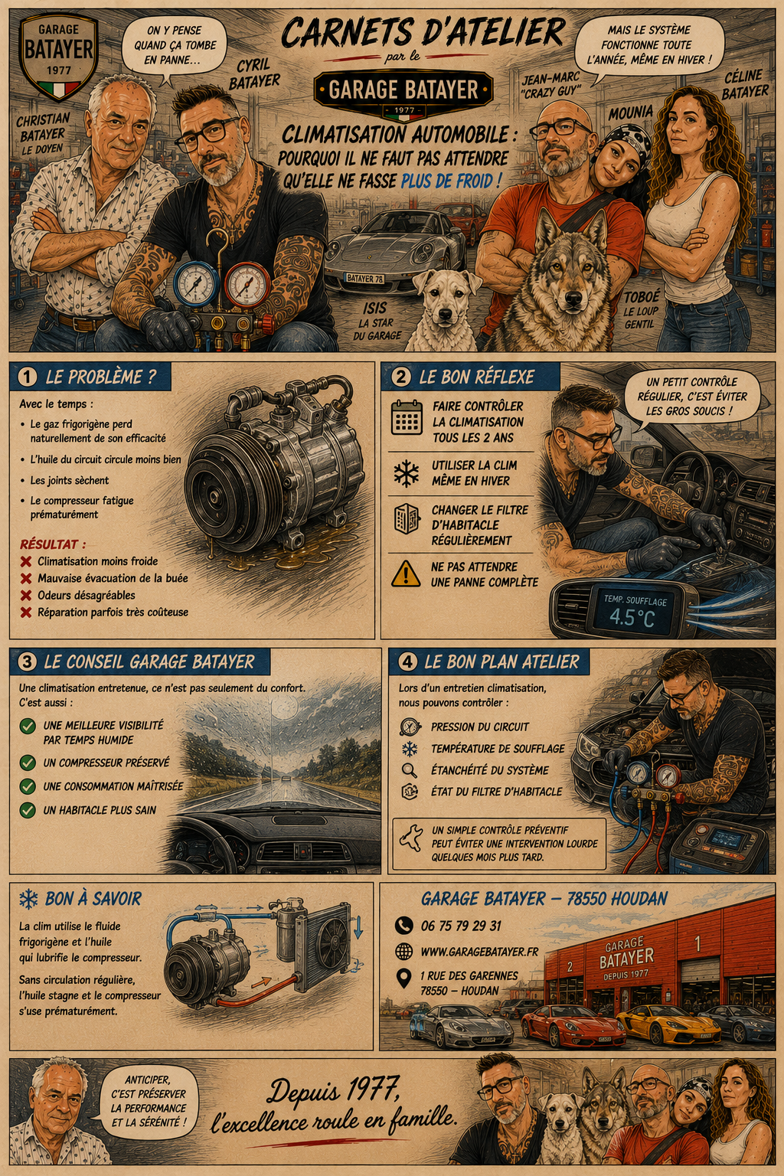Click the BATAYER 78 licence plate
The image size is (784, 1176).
pos(364,278)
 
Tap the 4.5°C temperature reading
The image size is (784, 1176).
pos(632,618)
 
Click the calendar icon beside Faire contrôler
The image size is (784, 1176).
pos(407,417)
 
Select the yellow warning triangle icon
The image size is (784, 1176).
pos(405,573)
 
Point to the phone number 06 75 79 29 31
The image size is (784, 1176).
pos(461,926)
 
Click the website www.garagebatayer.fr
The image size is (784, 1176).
pos(479,952)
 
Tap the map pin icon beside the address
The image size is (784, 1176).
pos(403,978)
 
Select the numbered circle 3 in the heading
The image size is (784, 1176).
pos(27,661)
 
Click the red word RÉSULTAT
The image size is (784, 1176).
pos(53,544)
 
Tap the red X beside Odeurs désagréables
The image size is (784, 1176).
pos(26,596)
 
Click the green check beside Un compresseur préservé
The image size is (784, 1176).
pos(28,763)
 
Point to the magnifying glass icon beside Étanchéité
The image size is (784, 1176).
pos(409,770)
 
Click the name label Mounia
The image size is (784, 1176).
pos(631,113)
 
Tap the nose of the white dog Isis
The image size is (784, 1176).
pos(444,315)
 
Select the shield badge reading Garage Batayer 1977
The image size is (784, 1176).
pos(58,56)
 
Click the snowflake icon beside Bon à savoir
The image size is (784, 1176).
pos(28,899)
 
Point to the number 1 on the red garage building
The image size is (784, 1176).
pos(697,943)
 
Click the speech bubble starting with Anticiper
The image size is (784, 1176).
pos(149,1102)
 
